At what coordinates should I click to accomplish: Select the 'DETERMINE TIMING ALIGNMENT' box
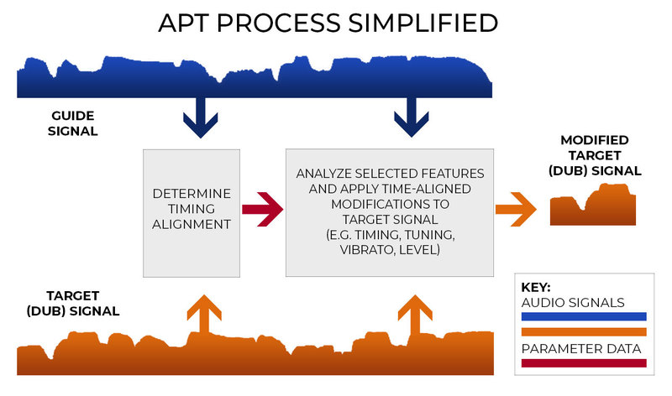tap(192, 212)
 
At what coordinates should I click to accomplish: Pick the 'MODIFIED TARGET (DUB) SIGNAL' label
tap(601, 155)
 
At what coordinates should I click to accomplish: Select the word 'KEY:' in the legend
tap(537, 286)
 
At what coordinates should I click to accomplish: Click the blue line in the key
tap(584, 316)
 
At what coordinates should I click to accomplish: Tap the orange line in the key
tap(584, 331)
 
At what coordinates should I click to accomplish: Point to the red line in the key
tap(584, 362)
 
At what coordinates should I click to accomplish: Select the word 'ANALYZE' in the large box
tap(328, 173)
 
